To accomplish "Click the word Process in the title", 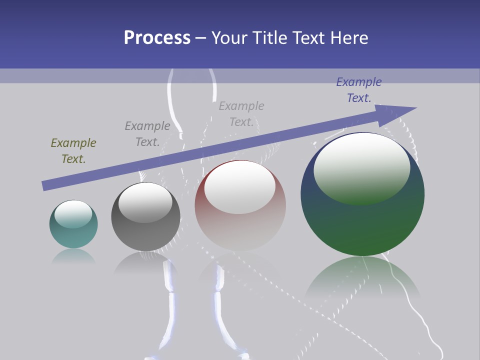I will tap(157, 38).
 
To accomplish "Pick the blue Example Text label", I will tap(359, 90).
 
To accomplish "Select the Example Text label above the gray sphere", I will tap(147, 134).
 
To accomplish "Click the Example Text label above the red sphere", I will tap(241, 114).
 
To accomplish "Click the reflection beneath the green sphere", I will tap(362, 280).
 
